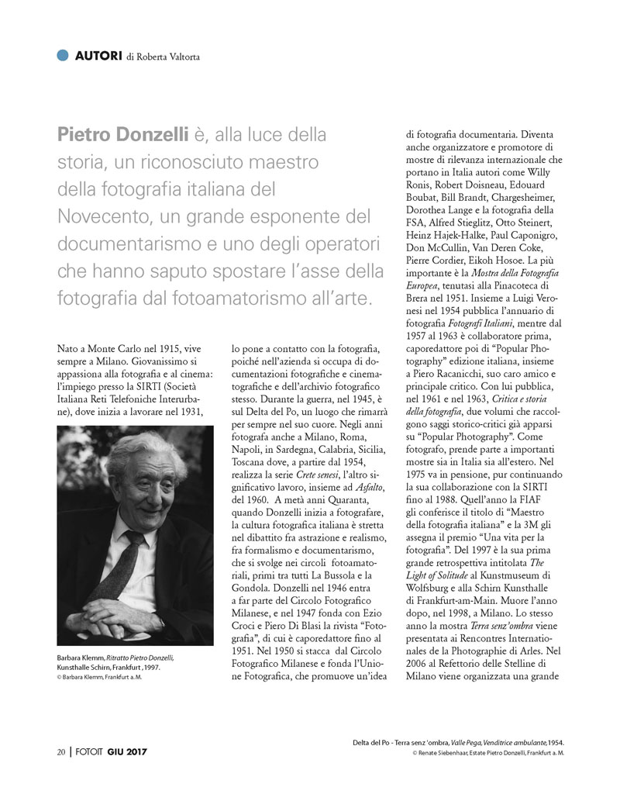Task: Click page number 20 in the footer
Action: [60, 751]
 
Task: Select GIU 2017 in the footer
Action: [128, 751]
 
